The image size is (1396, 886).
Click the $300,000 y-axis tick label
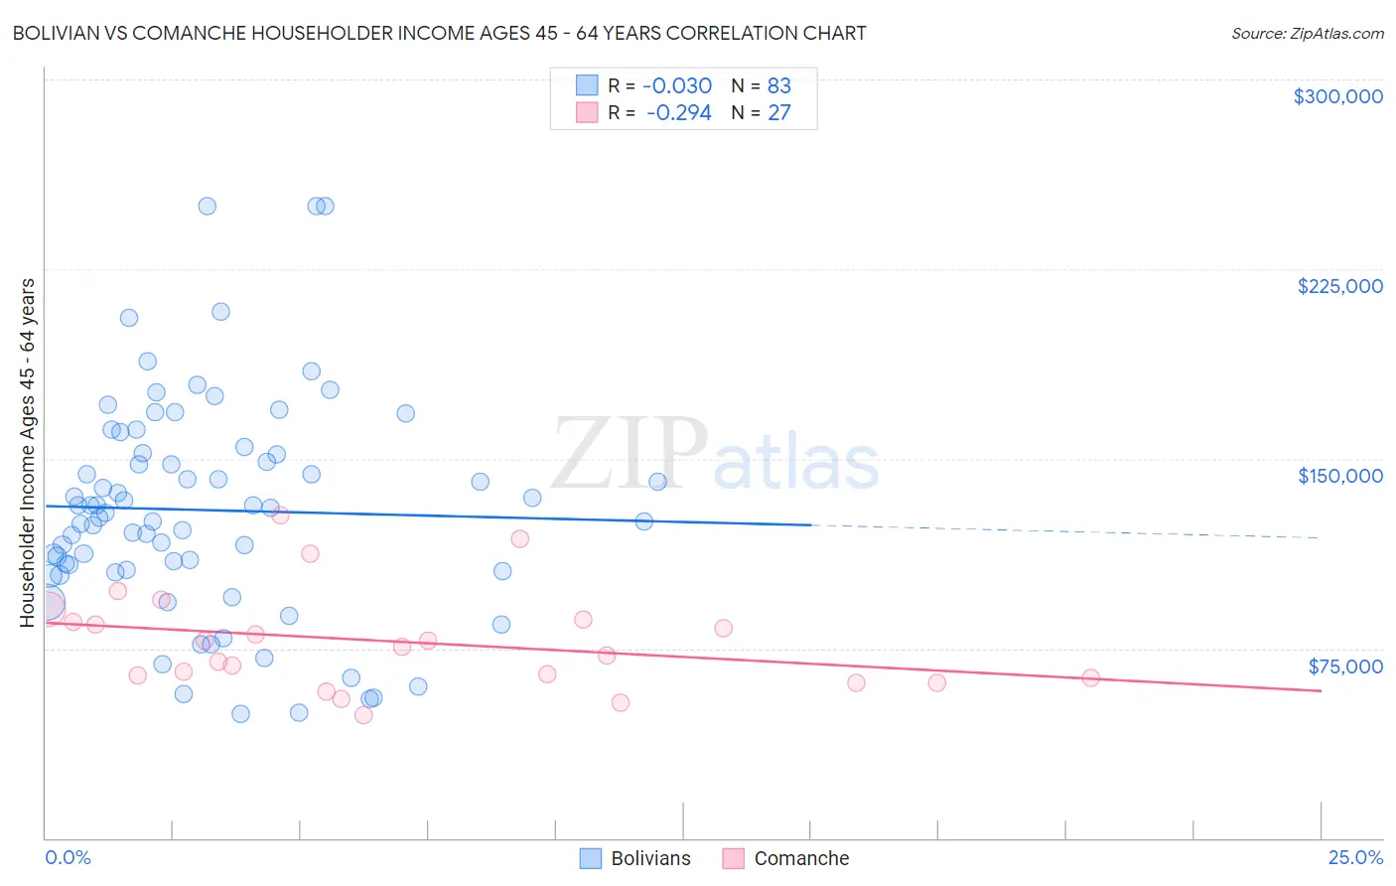[1337, 96]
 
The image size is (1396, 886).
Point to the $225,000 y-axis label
[1339, 286]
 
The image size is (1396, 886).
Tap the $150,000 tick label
[1339, 476]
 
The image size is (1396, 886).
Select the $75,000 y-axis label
[1345, 665]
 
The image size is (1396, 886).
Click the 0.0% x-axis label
[68, 857]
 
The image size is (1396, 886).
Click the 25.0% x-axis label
[1355, 857]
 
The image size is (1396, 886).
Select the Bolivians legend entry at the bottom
[635, 858]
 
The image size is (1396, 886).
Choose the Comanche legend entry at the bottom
[786, 858]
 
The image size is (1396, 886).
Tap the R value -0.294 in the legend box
[679, 112]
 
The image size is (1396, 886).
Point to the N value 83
[779, 85]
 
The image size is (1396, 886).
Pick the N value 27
[779, 112]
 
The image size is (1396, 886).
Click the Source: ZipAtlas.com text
[1307, 33]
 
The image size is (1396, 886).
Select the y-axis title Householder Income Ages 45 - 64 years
[27, 453]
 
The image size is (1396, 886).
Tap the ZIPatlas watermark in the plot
[715, 453]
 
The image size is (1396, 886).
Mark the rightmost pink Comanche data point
[1090, 677]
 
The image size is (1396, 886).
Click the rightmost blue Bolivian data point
[657, 482]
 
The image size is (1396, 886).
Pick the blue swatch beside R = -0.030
[587, 85]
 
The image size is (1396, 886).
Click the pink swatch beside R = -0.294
[587, 112]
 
